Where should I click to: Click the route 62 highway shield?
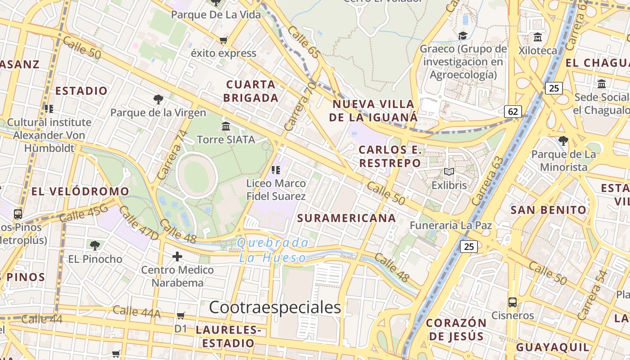point(513,111)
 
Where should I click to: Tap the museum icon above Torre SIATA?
point(226,126)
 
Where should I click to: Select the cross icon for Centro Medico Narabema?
point(177,256)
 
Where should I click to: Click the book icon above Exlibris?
point(449,171)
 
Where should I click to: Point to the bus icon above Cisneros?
point(512,302)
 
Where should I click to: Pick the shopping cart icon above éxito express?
point(223,40)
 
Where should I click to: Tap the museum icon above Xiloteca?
point(537,37)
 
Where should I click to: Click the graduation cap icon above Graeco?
point(463,36)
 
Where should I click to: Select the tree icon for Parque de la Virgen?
point(158,99)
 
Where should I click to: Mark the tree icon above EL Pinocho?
point(94,245)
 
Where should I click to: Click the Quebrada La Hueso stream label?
point(273,250)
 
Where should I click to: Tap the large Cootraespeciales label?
point(275,307)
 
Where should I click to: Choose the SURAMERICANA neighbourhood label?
point(346,218)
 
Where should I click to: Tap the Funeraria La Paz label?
point(450,225)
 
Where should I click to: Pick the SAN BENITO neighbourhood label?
point(549,210)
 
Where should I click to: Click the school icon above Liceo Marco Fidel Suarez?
point(276,170)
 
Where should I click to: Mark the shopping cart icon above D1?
point(181,315)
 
